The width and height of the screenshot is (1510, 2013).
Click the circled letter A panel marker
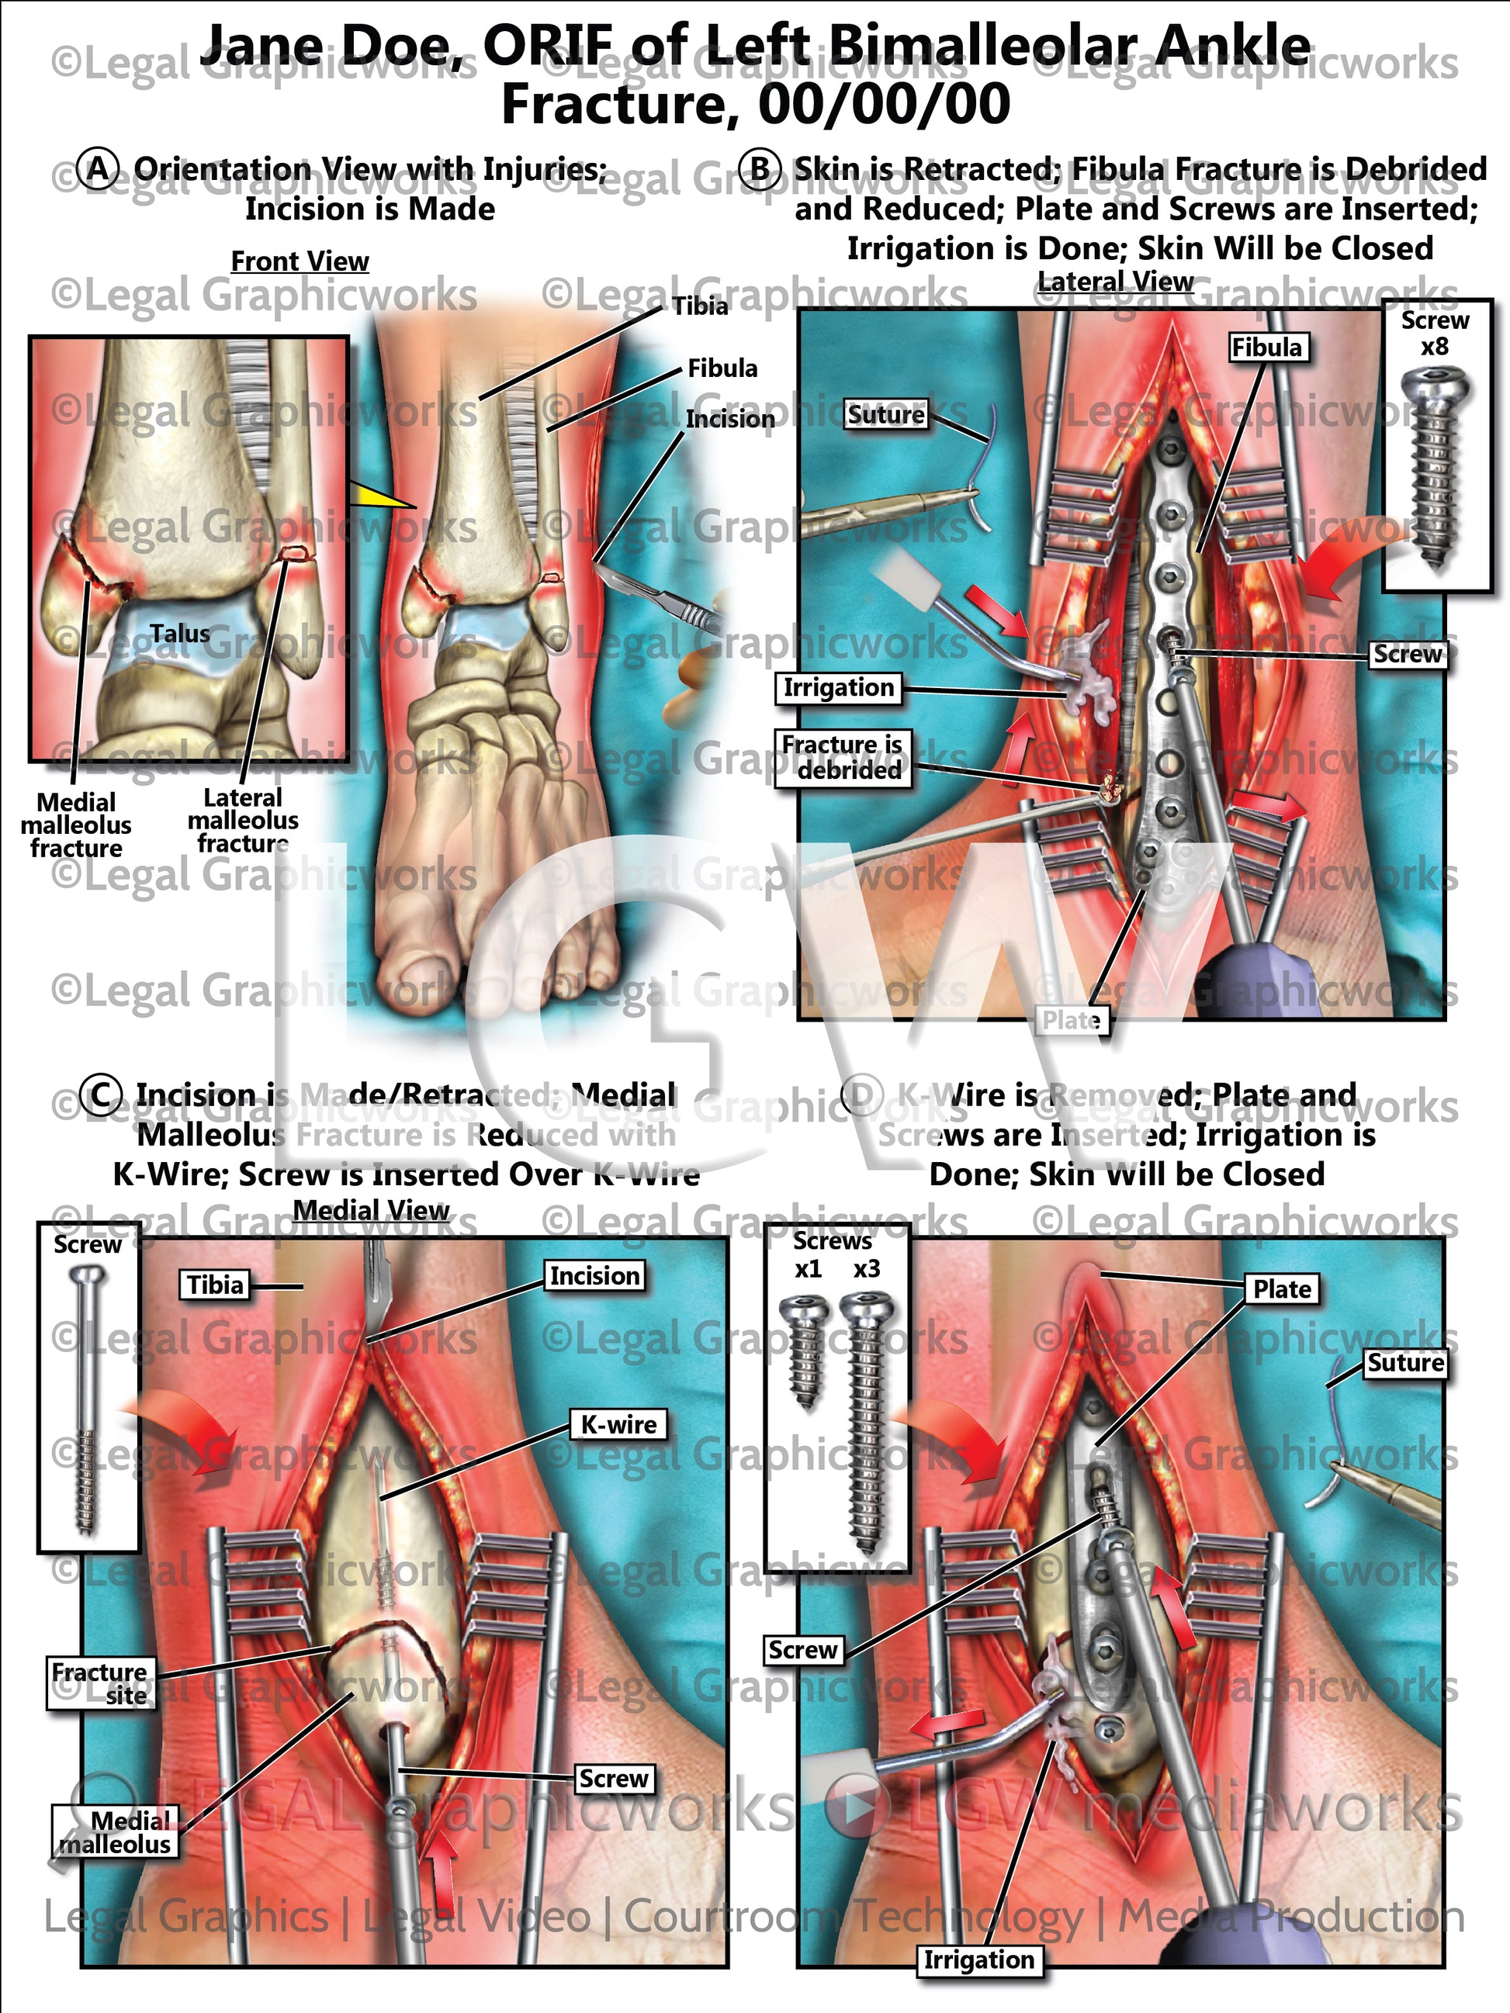[x=99, y=169]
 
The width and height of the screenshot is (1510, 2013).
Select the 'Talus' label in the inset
[x=179, y=634]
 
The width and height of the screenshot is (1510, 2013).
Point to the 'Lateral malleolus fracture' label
[x=243, y=821]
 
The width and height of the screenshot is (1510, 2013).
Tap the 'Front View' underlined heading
[x=300, y=261]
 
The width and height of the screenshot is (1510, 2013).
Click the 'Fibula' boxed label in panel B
[x=1266, y=348]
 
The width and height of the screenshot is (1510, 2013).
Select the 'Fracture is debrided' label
[x=842, y=757]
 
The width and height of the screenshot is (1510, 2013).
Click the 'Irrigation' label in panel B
[x=838, y=688]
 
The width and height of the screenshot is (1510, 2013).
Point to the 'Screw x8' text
[x=1435, y=333]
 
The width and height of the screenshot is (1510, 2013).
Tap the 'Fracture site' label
[x=100, y=1683]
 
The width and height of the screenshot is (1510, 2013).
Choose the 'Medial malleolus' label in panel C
[x=116, y=1832]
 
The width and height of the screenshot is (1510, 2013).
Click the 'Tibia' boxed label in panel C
[x=215, y=1285]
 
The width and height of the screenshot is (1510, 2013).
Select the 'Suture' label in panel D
[x=1404, y=1362]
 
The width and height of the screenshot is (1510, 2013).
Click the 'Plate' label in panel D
[x=1282, y=1288]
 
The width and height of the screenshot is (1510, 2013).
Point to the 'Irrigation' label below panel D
[x=978, y=1959]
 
